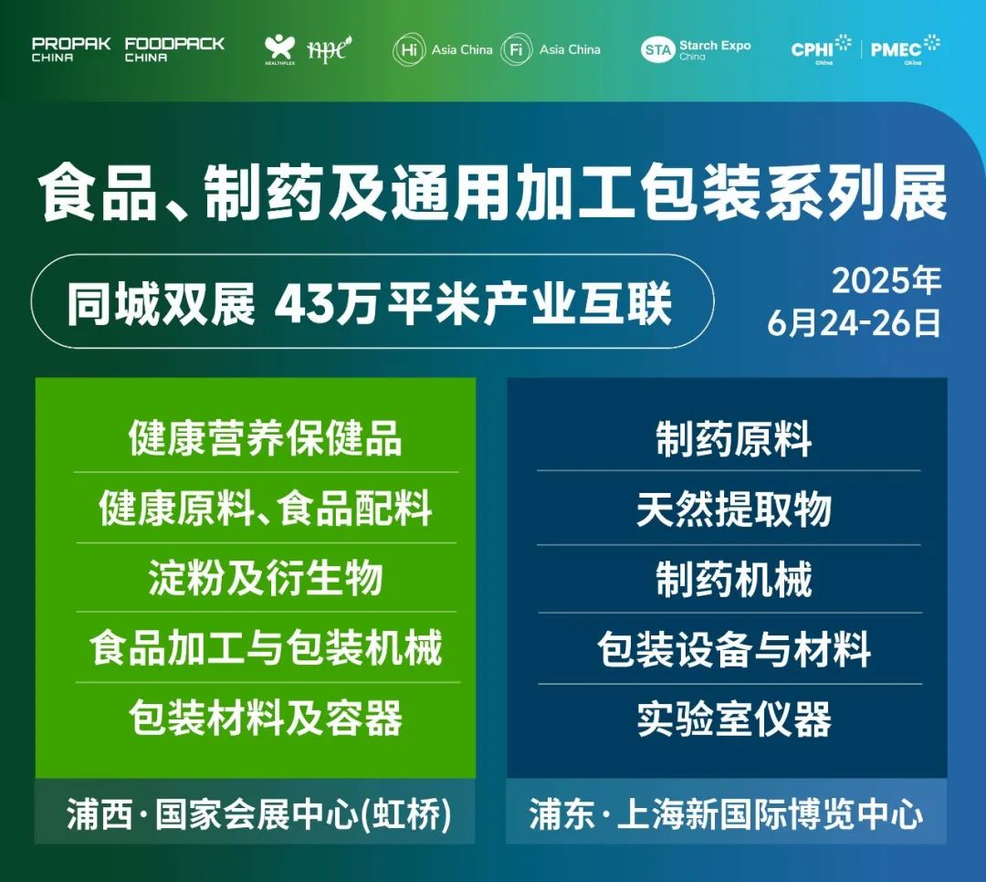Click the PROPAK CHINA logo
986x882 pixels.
click(x=71, y=49)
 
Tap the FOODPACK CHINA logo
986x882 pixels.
click(x=174, y=49)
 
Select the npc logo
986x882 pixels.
click(x=329, y=49)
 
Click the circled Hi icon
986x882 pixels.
click(x=409, y=49)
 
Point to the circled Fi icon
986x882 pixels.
click(x=517, y=49)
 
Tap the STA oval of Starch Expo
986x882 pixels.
click(x=657, y=49)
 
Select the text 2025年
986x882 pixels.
click(x=886, y=280)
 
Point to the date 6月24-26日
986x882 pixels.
click(x=854, y=322)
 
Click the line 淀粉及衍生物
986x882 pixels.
click(x=266, y=578)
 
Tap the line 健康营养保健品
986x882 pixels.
click(x=266, y=438)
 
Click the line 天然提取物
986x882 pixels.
click(x=734, y=509)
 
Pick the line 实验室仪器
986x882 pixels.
click(x=734, y=719)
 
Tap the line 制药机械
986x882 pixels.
click(x=734, y=579)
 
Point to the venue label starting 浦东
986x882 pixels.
click(x=727, y=814)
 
